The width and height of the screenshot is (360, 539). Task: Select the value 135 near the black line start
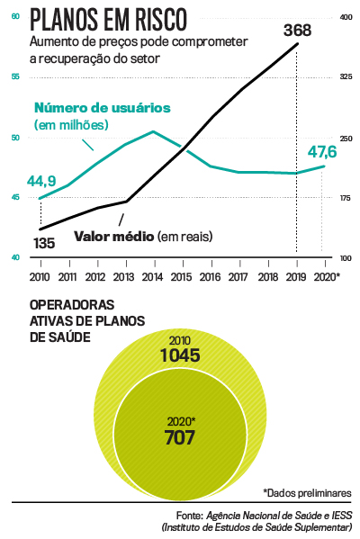pos(44,243)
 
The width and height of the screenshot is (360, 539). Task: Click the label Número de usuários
pos(101,107)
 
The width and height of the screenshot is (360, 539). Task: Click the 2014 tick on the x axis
pos(153,276)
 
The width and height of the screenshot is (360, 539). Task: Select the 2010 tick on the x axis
pos(40,276)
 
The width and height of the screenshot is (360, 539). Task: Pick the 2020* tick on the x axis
pos(325,276)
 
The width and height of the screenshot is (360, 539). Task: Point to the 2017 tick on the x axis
pos(238,276)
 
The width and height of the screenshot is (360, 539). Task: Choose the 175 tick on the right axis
pos(346,197)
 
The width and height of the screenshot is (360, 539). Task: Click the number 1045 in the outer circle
pos(180,356)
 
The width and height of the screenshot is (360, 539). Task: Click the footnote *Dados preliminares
pos(307,493)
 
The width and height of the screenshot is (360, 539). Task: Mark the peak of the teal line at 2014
pos(153,131)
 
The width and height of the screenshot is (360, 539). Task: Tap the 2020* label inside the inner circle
pos(181,420)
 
